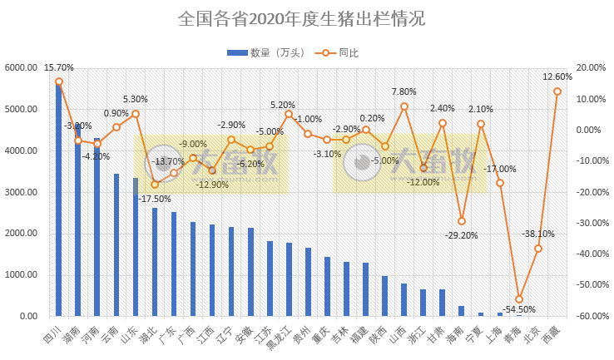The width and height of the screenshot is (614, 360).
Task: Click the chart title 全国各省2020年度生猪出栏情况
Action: (306, 18)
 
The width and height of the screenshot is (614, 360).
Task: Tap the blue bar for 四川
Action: (58, 200)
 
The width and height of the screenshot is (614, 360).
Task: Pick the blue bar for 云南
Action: (116, 245)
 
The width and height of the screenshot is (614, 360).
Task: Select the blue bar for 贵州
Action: (308, 282)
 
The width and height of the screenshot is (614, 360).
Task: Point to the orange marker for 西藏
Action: (557, 91)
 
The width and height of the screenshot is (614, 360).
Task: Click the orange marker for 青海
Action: (519, 299)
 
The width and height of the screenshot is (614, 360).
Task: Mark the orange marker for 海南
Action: (462, 221)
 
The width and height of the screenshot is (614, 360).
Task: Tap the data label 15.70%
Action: (59, 68)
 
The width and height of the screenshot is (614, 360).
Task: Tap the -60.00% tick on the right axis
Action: (592, 317)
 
